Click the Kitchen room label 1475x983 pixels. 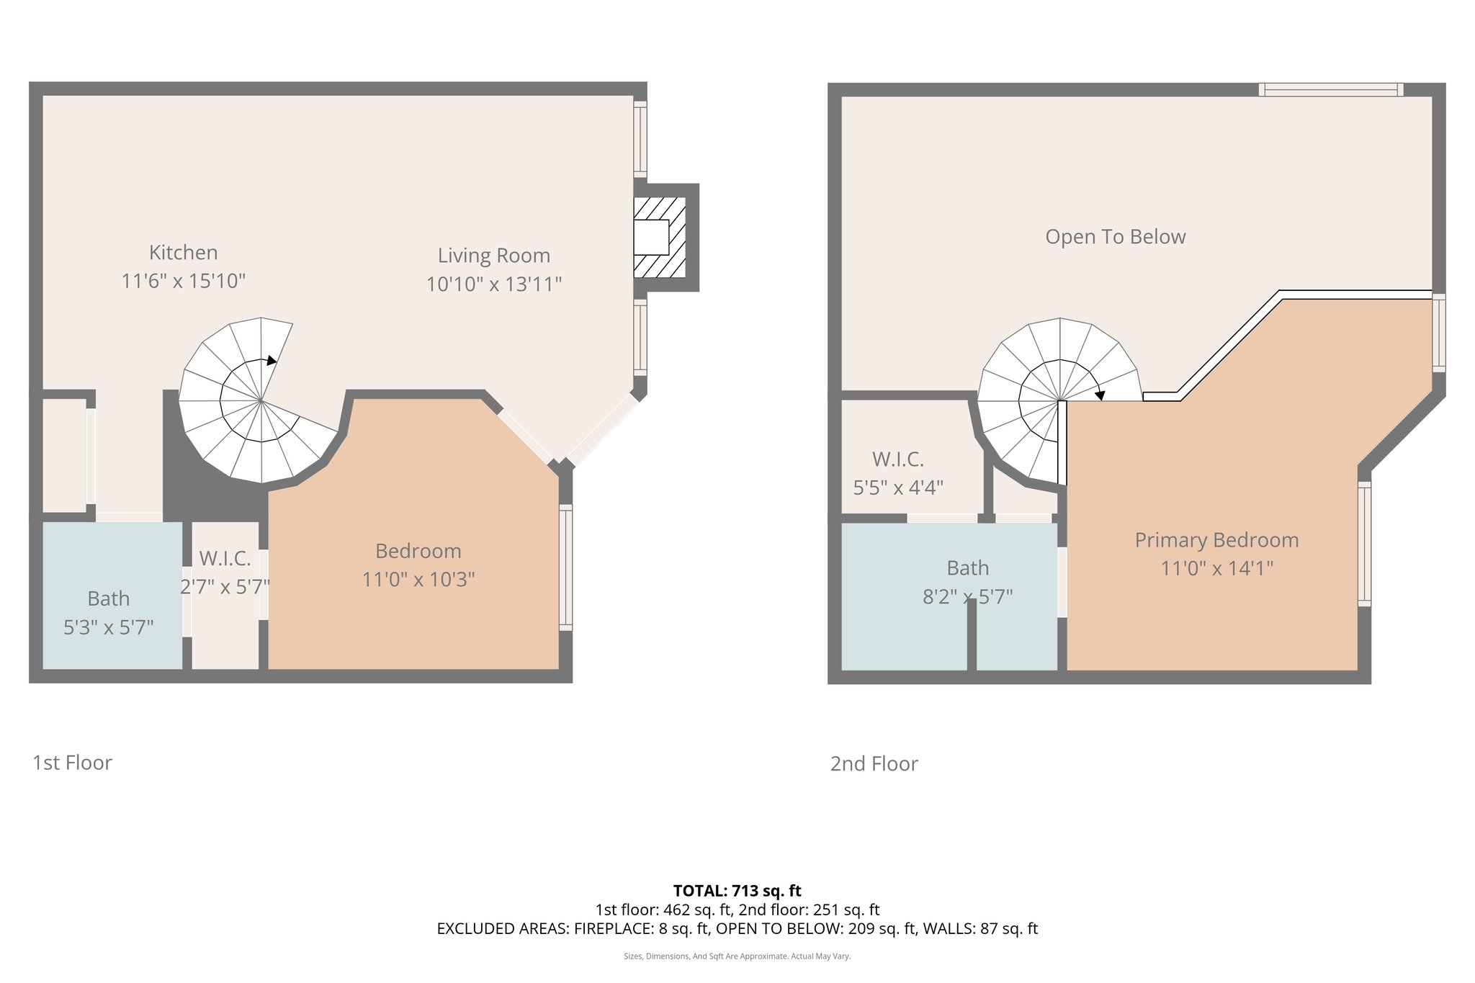pos(183,253)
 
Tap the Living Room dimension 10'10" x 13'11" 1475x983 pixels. pos(493,284)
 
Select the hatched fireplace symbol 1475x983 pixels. pos(658,237)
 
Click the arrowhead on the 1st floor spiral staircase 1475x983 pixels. pos(271,360)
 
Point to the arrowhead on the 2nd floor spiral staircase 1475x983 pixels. pos(1099,395)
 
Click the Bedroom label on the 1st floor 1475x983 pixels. pos(418,551)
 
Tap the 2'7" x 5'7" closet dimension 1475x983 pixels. pos(225,587)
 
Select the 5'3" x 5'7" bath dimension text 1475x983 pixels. pos(109,627)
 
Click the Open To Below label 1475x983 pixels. pos(1115,237)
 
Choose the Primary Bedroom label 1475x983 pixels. pos(1216,540)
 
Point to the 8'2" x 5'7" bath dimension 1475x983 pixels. pos(967,596)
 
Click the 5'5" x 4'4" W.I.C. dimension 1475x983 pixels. pos(898,488)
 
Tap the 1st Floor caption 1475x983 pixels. pos(72,763)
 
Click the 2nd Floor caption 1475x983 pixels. pos(874,763)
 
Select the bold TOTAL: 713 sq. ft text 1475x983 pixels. pos(737,891)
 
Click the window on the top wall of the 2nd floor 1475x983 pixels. pos(1330,90)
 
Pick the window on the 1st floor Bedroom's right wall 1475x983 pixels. pos(566,567)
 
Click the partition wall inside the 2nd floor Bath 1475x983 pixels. pos(972,634)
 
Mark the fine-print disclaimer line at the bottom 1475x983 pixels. pos(737,956)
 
